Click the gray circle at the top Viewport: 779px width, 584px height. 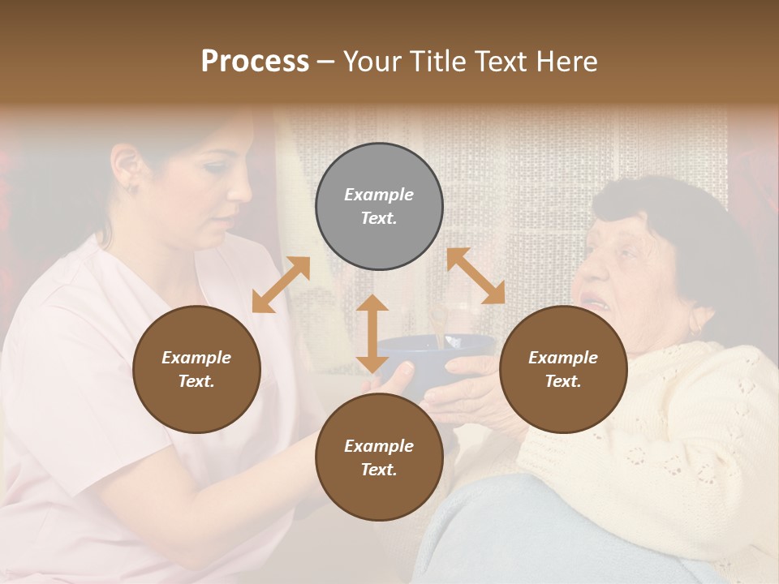click(x=379, y=207)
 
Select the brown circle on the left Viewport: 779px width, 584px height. click(x=196, y=369)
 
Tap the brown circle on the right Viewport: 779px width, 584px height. click(x=562, y=369)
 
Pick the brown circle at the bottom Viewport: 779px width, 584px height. click(x=379, y=457)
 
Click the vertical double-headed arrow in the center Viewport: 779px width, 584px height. click(x=372, y=333)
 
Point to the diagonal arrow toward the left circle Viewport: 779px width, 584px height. click(x=281, y=285)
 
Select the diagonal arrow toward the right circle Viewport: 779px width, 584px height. click(x=476, y=276)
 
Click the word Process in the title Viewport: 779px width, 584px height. click(x=255, y=62)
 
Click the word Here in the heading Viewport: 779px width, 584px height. click(x=568, y=62)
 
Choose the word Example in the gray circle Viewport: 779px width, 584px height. click(x=379, y=195)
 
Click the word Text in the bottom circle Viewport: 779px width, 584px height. click(x=379, y=470)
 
